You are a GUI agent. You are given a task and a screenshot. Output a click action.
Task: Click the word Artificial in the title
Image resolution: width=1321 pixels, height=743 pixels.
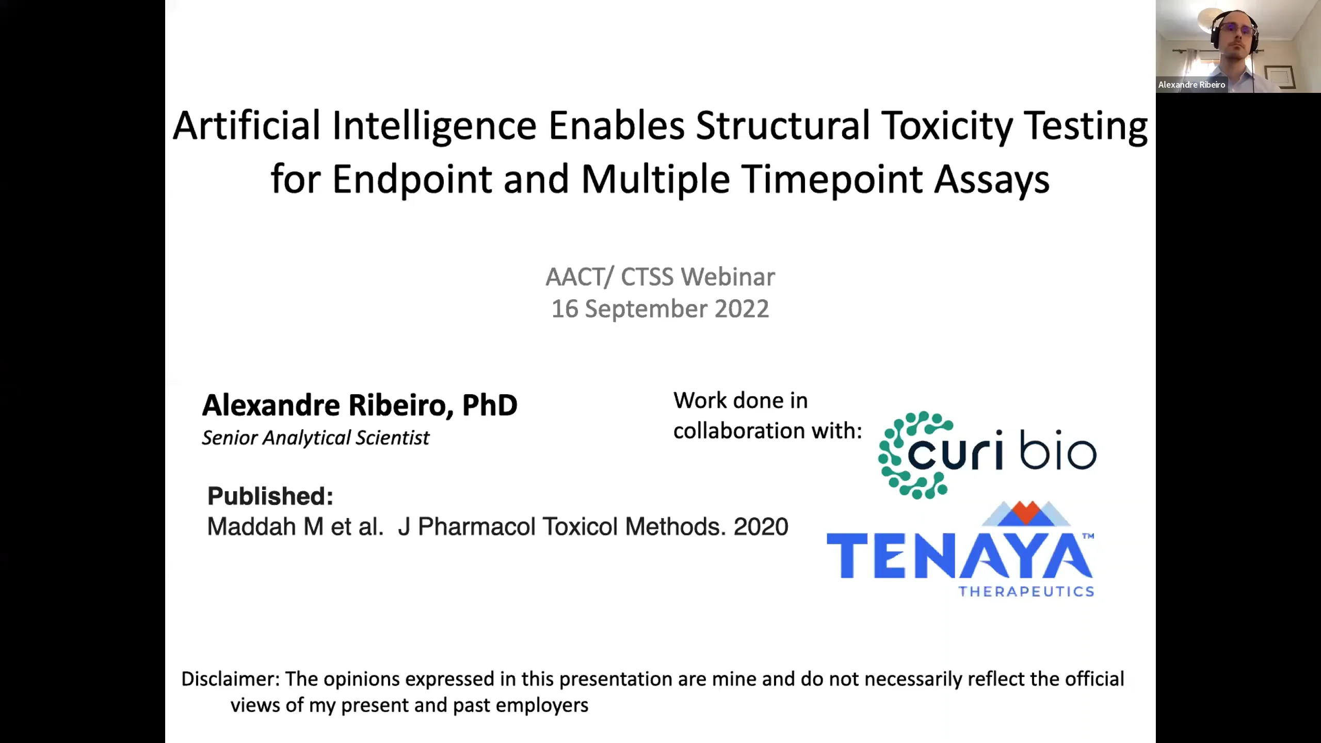pos(246,125)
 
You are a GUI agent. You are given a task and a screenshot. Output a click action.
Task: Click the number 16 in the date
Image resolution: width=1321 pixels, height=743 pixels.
pos(565,309)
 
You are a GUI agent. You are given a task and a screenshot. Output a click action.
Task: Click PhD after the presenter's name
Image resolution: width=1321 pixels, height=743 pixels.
pos(489,405)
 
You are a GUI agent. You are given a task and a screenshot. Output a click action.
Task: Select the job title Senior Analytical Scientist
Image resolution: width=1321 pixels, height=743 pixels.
pos(315,438)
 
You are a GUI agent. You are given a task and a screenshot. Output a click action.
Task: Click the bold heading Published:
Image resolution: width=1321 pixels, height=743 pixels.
pos(270,496)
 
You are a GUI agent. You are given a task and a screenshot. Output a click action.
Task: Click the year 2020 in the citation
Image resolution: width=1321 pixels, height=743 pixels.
pos(761,527)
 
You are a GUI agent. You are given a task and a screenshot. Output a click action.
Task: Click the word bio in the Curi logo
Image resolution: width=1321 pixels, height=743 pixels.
pos(1058,454)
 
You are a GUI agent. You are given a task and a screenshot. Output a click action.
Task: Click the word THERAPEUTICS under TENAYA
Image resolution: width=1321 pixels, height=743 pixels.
pos(1026,591)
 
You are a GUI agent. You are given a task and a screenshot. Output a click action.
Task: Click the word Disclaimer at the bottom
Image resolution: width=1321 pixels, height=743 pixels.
pos(229,679)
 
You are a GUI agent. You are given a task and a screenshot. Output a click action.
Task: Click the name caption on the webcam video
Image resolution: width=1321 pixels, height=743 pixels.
pos(1191,85)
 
